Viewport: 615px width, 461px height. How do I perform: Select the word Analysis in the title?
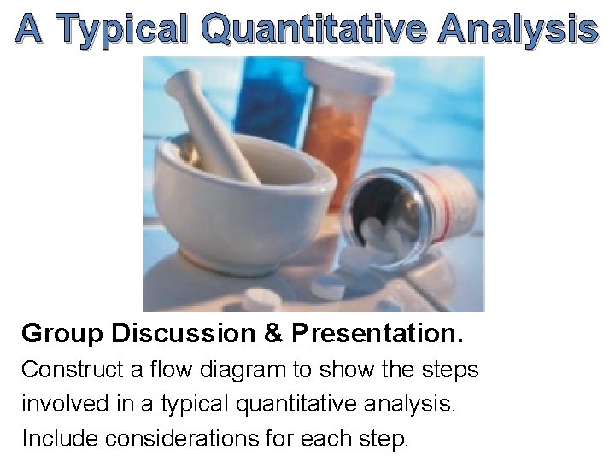click(x=518, y=29)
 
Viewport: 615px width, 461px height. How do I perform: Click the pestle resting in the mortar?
click(x=214, y=124)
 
